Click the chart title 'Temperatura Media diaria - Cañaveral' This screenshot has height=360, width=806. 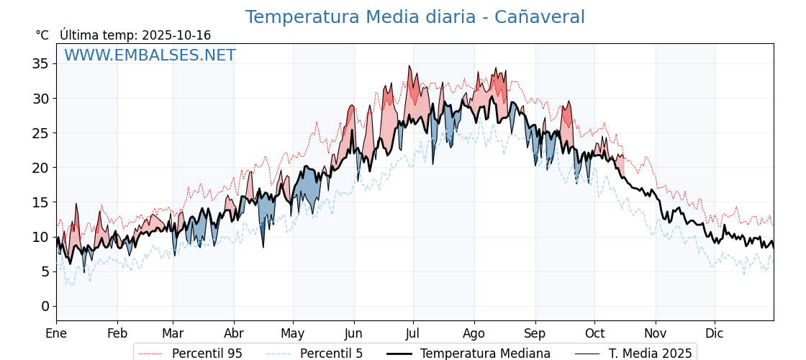coord(415,17)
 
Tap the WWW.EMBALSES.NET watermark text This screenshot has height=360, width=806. coord(150,55)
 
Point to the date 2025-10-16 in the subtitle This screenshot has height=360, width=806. coord(176,35)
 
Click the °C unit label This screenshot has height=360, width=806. coord(42,35)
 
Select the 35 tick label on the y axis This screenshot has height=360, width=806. coord(40,63)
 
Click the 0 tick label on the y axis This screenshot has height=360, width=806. coord(45,306)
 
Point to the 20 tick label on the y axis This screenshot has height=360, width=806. coord(40,168)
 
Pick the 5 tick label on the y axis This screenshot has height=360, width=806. coord(45,271)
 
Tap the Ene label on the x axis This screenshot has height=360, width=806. coord(56,334)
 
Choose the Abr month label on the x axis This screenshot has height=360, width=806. coord(234,334)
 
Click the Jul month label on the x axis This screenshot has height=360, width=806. coord(413,334)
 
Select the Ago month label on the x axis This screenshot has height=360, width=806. coord(474,334)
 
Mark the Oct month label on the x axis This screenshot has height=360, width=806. coord(594,334)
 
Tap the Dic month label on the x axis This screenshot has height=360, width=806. coord(715,334)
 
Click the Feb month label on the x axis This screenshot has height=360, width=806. coord(117,334)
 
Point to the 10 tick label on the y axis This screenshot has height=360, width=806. coord(40,237)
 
